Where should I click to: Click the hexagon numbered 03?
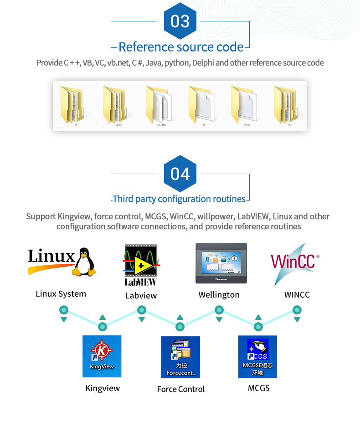click(x=180, y=21)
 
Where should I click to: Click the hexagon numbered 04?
click(x=180, y=174)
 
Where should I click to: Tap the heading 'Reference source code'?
click(x=181, y=47)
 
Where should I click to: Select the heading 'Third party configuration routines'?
click(x=179, y=199)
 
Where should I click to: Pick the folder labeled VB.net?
click(x=245, y=105)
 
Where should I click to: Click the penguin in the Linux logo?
click(x=85, y=262)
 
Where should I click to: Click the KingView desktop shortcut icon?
click(x=102, y=356)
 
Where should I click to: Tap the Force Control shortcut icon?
click(x=180, y=357)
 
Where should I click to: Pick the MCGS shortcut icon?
click(x=257, y=357)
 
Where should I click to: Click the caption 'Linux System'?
click(x=61, y=294)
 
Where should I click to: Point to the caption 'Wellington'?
click(x=219, y=295)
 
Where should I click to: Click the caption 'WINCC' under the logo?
click(x=297, y=295)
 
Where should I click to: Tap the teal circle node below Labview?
click(x=141, y=310)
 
